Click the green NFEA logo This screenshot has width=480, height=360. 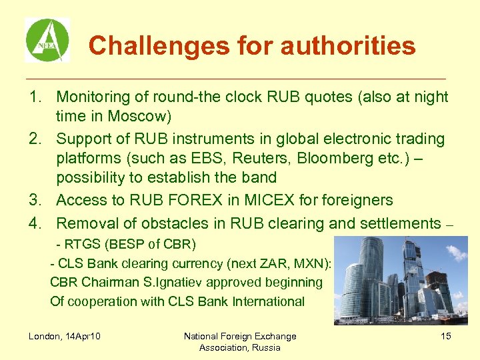pyautogui.click(x=47, y=40)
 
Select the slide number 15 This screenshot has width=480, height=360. pyautogui.click(x=445, y=336)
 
